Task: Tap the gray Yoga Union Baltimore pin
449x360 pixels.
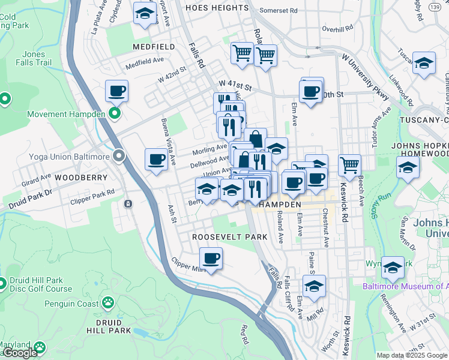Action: click(x=119, y=157)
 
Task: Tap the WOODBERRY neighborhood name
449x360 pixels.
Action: click(x=80, y=178)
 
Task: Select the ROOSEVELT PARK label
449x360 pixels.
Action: click(x=230, y=237)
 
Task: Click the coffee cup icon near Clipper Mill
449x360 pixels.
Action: click(x=210, y=259)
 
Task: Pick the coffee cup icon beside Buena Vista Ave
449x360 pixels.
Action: click(x=156, y=160)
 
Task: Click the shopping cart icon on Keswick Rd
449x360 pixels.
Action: click(x=349, y=164)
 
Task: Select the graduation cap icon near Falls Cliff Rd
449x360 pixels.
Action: click(x=313, y=287)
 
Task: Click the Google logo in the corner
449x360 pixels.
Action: click(x=20, y=353)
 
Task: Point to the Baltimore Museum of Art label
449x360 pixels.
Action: click(x=405, y=286)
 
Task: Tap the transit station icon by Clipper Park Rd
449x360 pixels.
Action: click(x=128, y=204)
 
